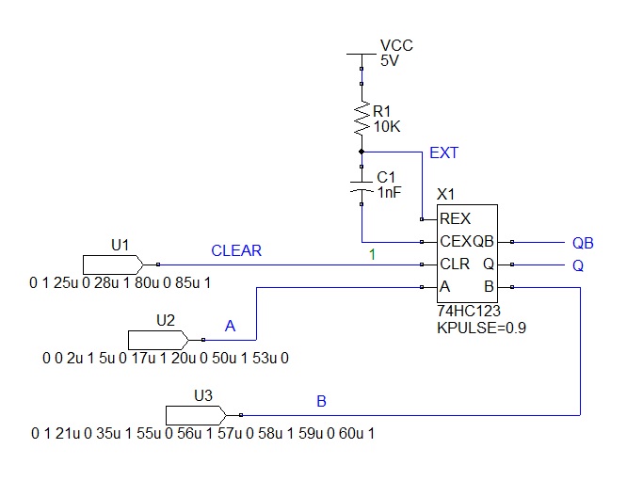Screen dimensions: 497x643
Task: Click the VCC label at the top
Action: coord(396,45)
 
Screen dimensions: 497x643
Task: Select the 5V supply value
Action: coord(389,60)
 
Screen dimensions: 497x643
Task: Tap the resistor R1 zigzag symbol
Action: coord(362,119)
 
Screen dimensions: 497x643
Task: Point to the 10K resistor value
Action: coord(388,126)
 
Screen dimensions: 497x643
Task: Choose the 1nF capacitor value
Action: coord(389,191)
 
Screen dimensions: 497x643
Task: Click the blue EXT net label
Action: coord(444,152)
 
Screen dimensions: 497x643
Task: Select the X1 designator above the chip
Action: coord(446,194)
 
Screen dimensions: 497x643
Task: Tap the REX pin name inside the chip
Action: coord(456,218)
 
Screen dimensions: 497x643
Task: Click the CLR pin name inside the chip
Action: coord(455,265)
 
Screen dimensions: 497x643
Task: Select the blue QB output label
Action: coord(583,241)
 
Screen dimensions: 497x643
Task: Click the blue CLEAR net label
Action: coord(236,250)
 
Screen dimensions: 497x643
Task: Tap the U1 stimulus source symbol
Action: coord(112,264)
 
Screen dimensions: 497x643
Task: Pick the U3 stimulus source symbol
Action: coord(195,414)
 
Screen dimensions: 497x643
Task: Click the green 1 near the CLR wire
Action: coord(372,254)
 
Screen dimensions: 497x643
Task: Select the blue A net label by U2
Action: coord(231,326)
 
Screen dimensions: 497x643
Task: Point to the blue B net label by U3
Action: coord(322,401)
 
